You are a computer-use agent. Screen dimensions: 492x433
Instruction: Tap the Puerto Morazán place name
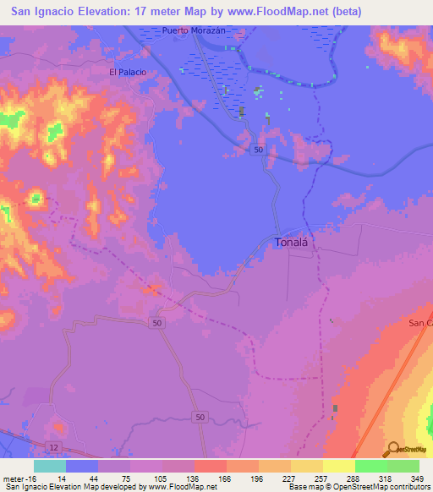pyautogui.click(x=195, y=30)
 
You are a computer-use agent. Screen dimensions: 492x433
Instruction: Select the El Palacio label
pyautogui.click(x=128, y=73)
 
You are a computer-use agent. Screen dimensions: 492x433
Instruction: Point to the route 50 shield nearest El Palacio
pyautogui.click(x=257, y=150)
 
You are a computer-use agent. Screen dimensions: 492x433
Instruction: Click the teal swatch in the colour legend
pyautogui.click(x=50, y=466)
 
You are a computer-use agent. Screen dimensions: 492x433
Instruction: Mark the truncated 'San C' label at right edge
pyautogui.click(x=420, y=323)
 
